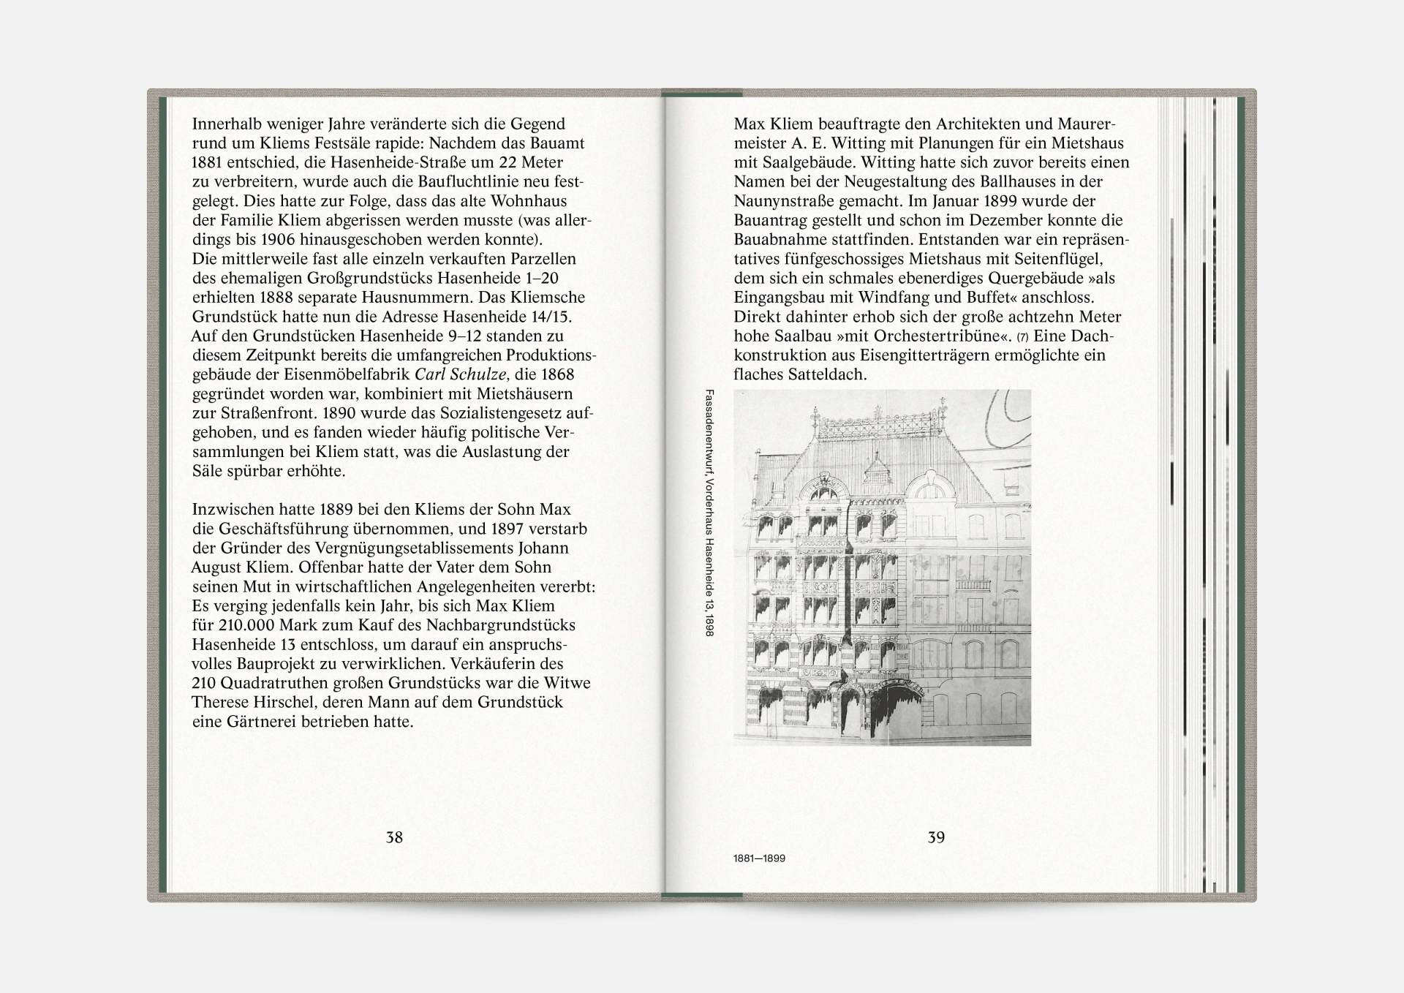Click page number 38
[394, 837]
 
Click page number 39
[936, 837]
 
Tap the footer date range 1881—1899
[759, 858]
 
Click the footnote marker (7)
[1022, 337]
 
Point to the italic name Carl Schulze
[461, 374]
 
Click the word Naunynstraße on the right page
[784, 201]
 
